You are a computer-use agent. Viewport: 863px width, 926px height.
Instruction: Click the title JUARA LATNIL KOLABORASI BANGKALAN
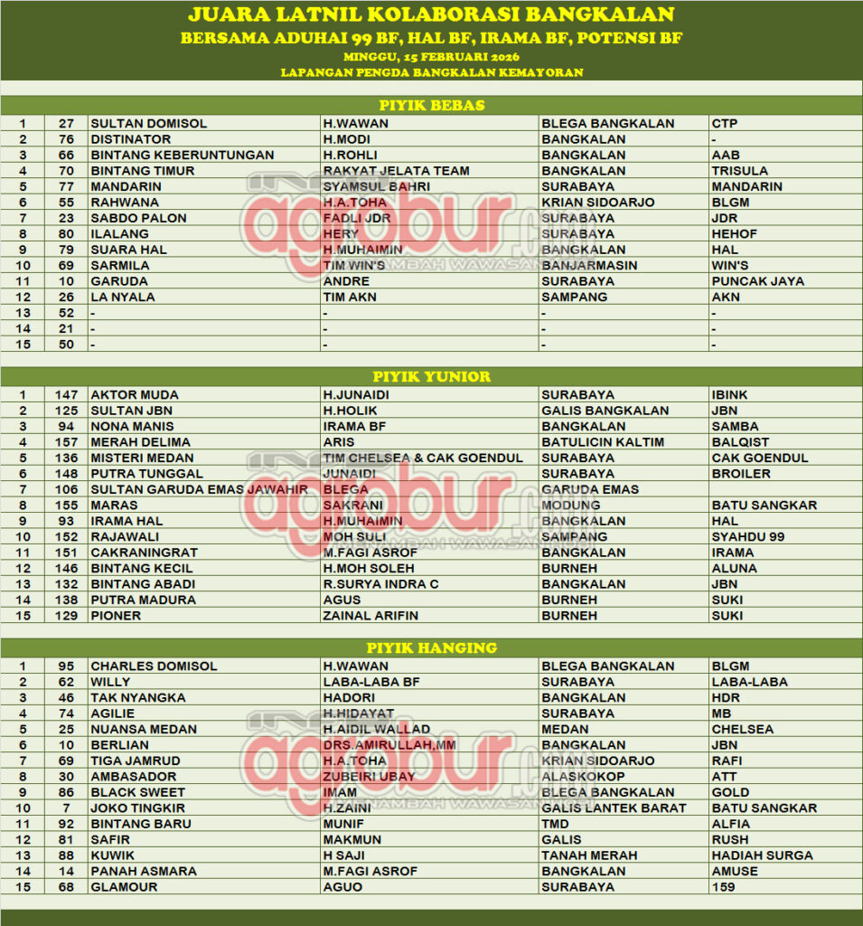click(431, 14)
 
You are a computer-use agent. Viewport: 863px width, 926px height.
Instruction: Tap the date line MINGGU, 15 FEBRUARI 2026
click(431, 56)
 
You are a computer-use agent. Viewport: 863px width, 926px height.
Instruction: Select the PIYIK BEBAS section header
click(431, 105)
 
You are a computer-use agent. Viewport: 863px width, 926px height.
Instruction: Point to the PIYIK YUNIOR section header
click(431, 376)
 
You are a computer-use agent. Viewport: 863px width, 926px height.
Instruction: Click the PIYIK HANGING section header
click(431, 647)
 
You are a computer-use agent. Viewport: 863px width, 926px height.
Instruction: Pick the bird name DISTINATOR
click(131, 139)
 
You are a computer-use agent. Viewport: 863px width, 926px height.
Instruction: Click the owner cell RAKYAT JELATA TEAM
click(397, 171)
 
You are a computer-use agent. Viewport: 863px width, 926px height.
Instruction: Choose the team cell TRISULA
click(740, 171)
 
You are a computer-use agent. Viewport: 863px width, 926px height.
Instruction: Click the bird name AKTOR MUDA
click(135, 395)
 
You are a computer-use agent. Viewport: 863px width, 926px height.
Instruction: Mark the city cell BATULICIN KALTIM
click(603, 442)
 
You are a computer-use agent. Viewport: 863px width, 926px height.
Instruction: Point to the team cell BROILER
click(741, 474)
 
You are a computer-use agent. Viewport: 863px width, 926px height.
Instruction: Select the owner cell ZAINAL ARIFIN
click(371, 616)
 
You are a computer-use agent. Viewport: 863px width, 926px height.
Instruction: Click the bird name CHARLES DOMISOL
click(154, 666)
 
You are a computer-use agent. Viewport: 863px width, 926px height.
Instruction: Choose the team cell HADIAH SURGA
click(762, 855)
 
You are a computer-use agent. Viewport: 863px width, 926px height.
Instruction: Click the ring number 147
click(66, 395)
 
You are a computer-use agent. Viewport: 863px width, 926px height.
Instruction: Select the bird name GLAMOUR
click(124, 887)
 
